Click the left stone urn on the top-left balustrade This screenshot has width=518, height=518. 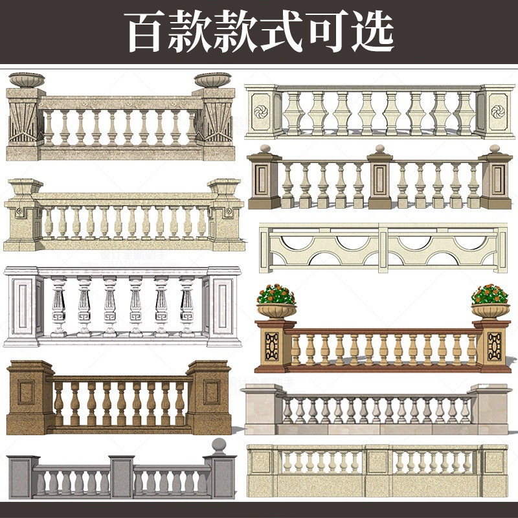(x=27, y=80)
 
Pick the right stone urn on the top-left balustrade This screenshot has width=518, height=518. (x=212, y=80)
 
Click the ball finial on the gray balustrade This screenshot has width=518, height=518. (x=220, y=446)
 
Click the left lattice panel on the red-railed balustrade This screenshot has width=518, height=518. (x=270, y=347)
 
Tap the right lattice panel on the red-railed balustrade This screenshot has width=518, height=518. (x=495, y=347)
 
